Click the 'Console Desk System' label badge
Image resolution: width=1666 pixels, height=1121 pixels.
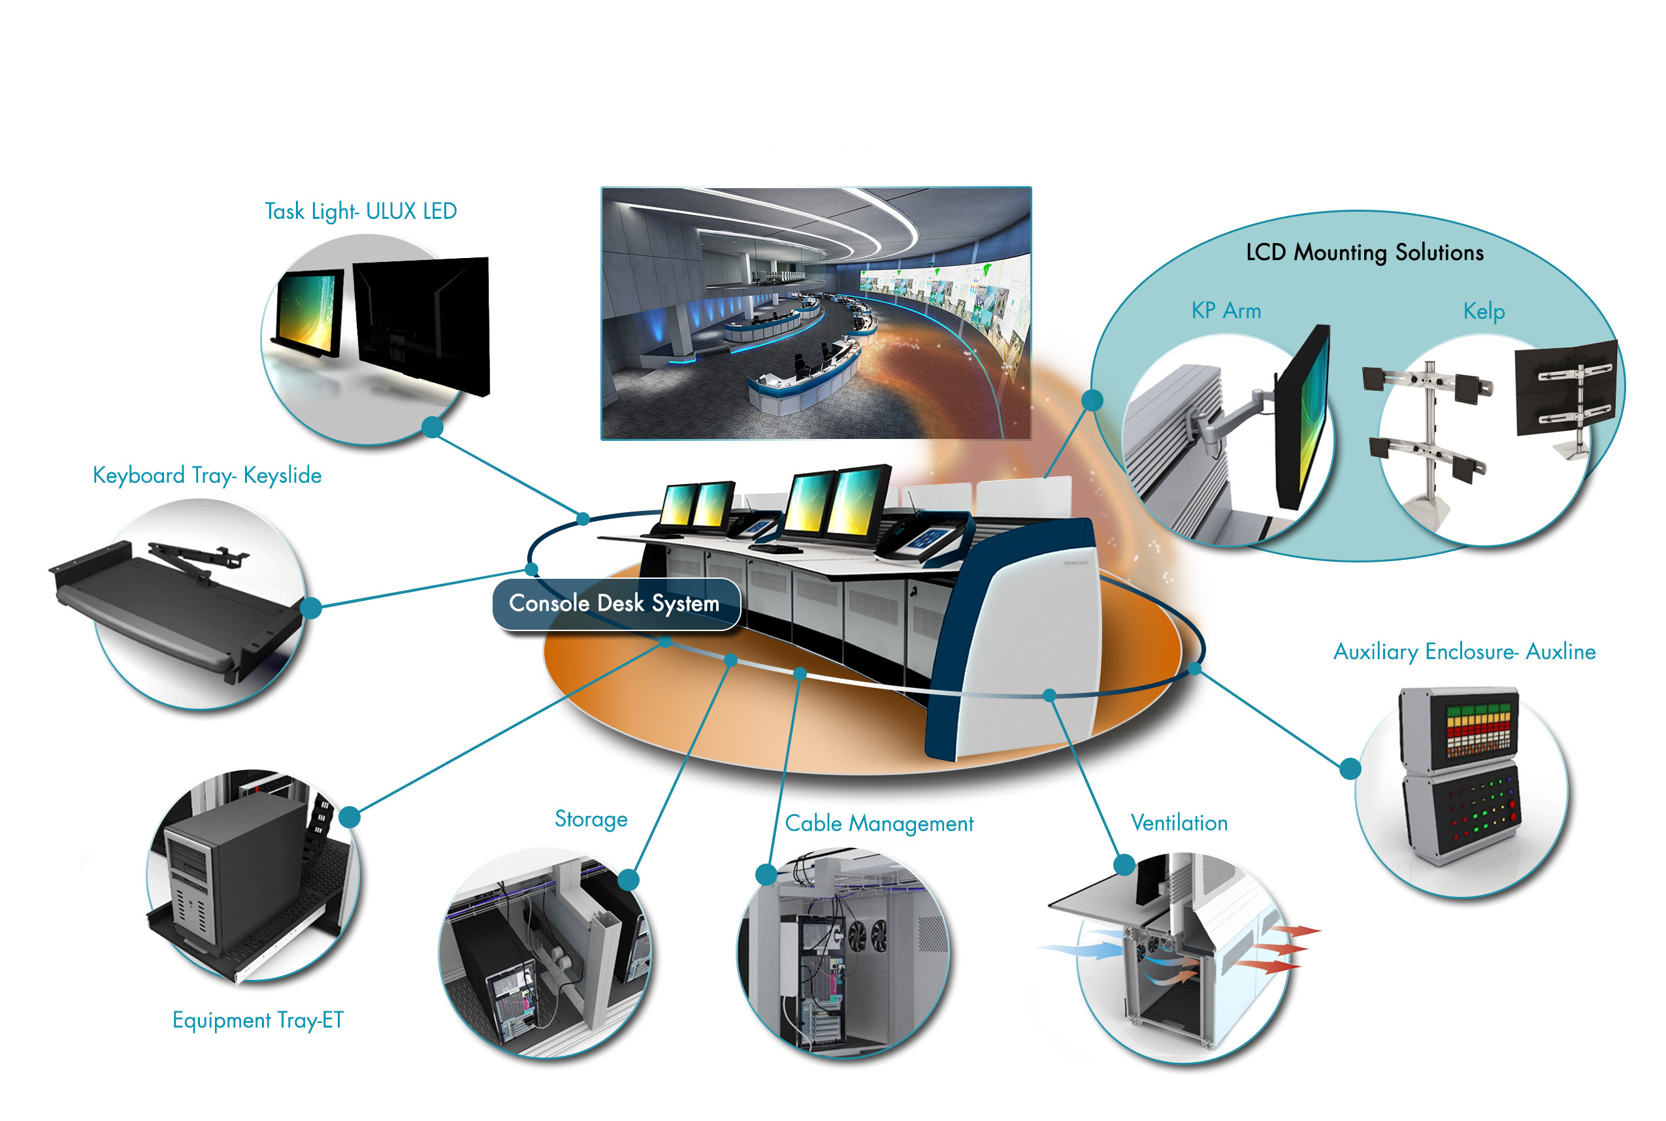615,604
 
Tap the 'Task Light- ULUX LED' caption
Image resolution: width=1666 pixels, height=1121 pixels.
361,212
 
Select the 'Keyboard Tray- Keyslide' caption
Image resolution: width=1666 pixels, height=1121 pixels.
207,476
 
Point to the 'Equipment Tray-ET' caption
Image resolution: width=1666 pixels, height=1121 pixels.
258,1020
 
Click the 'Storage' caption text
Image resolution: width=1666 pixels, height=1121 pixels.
591,819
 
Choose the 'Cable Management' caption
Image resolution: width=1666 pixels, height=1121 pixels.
879,824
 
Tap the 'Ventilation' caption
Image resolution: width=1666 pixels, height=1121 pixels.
1179,823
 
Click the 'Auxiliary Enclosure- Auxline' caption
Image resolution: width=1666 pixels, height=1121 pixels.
1464,651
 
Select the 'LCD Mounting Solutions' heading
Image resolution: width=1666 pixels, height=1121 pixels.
1364,252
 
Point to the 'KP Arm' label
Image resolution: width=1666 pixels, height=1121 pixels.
1226,311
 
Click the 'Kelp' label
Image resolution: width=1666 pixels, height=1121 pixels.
1484,312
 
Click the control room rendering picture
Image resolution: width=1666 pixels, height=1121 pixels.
816,313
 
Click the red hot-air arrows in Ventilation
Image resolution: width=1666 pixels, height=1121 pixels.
1279,949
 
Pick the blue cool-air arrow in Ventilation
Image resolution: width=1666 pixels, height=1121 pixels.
1080,950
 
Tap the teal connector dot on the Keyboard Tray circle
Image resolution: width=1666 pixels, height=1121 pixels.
311,608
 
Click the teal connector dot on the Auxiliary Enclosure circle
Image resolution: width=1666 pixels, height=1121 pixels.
1350,768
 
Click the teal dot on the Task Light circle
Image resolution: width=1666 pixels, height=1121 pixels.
432,427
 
